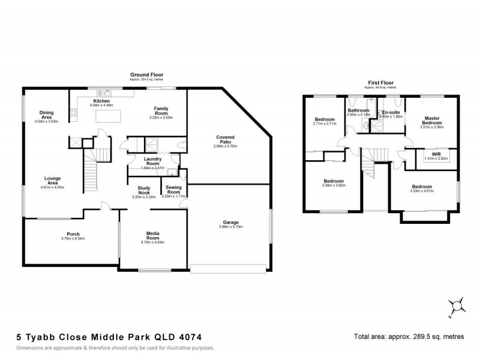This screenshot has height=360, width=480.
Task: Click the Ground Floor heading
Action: pyautogui.click(x=147, y=75)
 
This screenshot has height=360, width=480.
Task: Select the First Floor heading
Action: pyautogui.click(x=383, y=82)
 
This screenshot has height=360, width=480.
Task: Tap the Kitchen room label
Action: pyautogui.click(x=102, y=101)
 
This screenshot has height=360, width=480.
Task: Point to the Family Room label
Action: pyautogui.click(x=161, y=112)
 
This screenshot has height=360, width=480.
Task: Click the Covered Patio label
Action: pyautogui.click(x=225, y=140)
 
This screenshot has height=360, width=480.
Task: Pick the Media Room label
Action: pyautogui.click(x=152, y=236)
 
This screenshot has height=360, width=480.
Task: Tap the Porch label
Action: pyautogui.click(x=73, y=234)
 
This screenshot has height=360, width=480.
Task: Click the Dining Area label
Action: pyautogui.click(x=47, y=115)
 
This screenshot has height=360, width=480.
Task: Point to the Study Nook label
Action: pyautogui.click(x=143, y=191)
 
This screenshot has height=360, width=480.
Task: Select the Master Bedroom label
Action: pyautogui.click(x=432, y=121)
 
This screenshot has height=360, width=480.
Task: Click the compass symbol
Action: pyautogui.click(x=458, y=307)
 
